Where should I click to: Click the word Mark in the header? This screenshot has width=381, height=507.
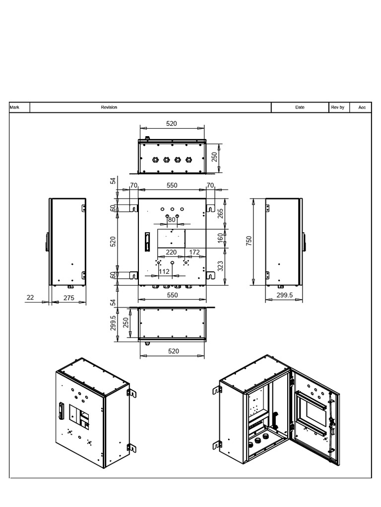[14, 107]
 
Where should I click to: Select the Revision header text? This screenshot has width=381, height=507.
[109, 107]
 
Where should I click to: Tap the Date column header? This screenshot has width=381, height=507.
[300, 107]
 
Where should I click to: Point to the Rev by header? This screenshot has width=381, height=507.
[337, 107]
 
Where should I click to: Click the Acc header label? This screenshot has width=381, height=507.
[362, 107]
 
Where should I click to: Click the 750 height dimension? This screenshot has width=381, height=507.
[250, 241]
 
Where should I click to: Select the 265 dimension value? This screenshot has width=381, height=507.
[220, 213]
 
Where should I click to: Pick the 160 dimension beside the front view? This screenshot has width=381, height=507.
[220, 239]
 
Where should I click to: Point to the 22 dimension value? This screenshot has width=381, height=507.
[31, 297]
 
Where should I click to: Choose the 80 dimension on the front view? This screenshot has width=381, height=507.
[172, 220]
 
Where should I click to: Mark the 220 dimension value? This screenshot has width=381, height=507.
[171, 252]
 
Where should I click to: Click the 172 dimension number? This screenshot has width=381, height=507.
[194, 252]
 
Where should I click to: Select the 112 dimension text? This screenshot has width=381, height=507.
[165, 271]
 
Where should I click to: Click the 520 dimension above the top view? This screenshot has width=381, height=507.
[171, 124]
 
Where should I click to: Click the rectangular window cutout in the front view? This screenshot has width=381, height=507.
[171, 239]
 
